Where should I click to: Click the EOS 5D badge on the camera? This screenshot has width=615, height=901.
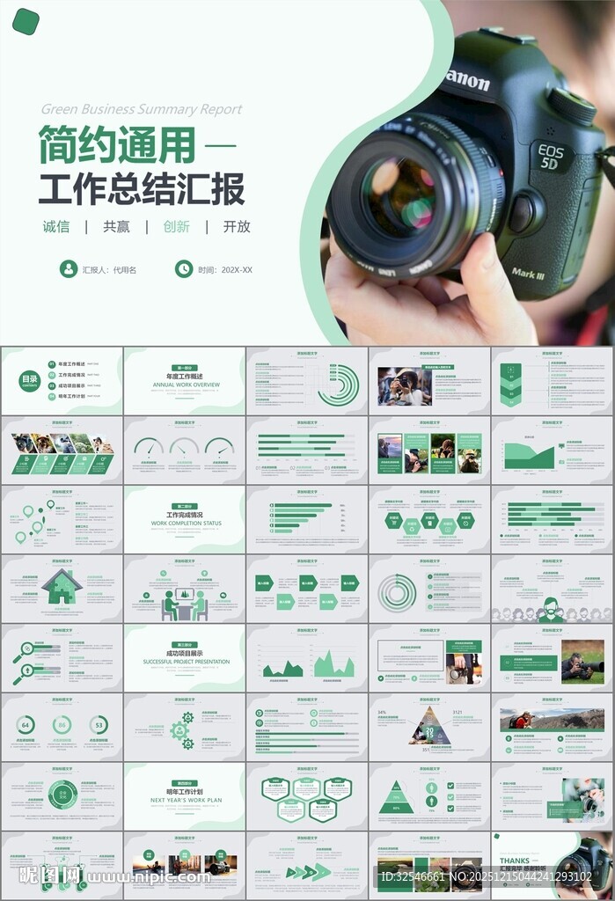550,157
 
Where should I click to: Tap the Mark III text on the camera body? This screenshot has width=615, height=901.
528,274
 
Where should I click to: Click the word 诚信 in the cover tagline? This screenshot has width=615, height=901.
56,226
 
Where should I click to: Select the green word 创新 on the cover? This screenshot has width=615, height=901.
176,226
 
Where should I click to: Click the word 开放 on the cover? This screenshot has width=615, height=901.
237,226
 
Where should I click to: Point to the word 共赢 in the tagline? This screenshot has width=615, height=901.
116,226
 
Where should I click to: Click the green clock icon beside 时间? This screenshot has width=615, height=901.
184,269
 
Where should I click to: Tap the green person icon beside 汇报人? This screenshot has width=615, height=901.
69,269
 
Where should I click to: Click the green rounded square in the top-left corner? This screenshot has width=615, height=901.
26,21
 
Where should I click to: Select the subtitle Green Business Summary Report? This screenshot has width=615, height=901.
141,110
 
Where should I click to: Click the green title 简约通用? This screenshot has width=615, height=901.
115,145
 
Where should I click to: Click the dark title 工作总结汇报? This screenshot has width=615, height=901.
141,188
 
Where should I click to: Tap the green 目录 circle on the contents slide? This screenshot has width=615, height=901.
30,380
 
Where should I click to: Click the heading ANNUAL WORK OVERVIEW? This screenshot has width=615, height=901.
186,385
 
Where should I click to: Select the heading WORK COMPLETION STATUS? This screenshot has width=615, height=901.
186,524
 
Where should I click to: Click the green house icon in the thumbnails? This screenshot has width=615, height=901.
62,587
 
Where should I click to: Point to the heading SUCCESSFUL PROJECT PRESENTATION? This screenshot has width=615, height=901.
186,662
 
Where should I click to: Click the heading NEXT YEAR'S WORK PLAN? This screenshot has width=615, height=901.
186,800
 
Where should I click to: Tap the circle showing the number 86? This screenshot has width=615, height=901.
62,725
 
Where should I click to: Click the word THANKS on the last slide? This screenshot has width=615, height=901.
515,861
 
